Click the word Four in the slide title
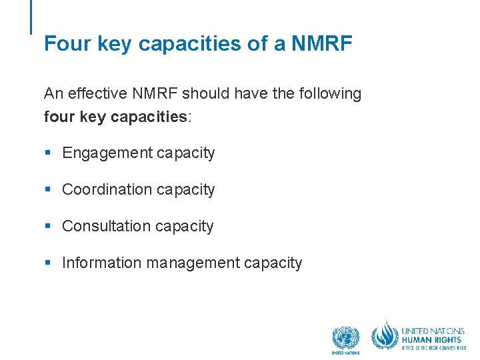(62, 44)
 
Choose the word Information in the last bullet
(102, 263)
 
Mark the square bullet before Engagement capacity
(47, 153)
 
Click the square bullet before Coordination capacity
(47, 190)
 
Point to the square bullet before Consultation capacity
(47, 227)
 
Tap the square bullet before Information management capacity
(47, 263)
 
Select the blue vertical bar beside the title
(31, 17)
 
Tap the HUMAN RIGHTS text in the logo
(431, 339)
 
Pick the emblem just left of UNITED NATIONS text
(385, 335)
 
